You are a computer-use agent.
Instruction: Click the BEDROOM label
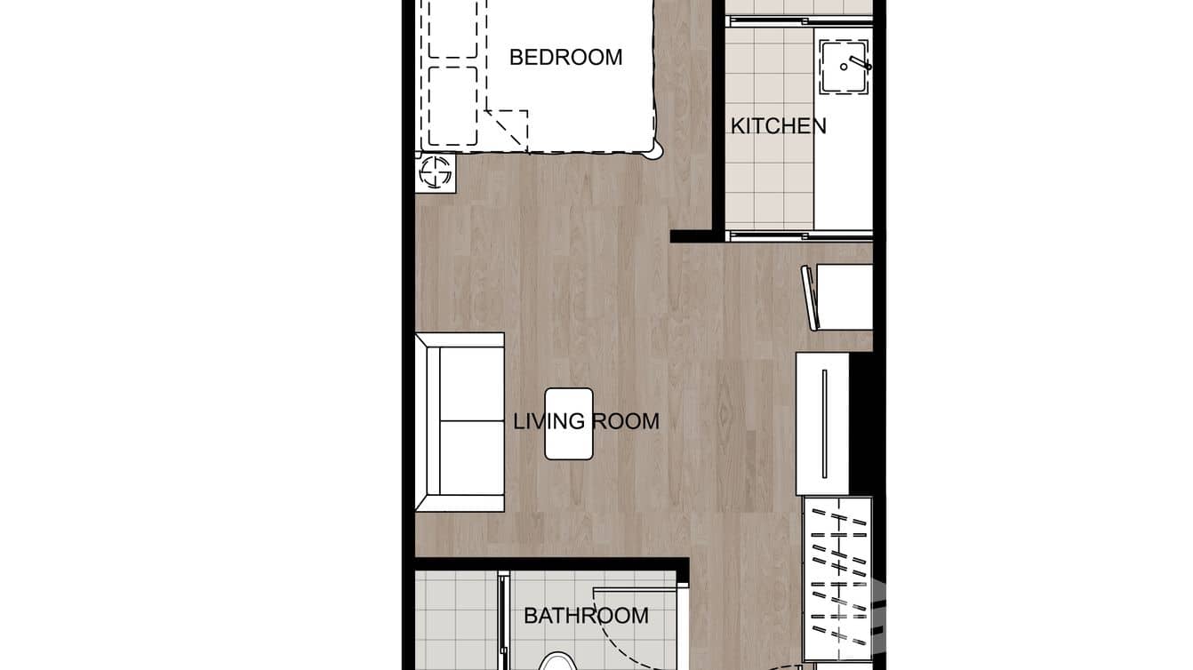tap(565, 58)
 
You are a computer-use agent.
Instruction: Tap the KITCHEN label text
tap(778, 126)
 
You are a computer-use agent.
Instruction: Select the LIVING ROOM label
tap(587, 421)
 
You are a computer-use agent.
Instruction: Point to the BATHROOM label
tap(586, 615)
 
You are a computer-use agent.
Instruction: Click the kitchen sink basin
tap(843, 67)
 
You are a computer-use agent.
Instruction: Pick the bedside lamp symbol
tap(436, 172)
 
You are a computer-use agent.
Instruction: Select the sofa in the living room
tap(460, 422)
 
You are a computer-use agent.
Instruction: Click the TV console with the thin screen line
tap(823, 423)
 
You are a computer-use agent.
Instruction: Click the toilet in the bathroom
tap(558, 661)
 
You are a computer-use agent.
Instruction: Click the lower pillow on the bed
tap(452, 106)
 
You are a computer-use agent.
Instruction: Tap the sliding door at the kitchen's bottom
tap(798, 235)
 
